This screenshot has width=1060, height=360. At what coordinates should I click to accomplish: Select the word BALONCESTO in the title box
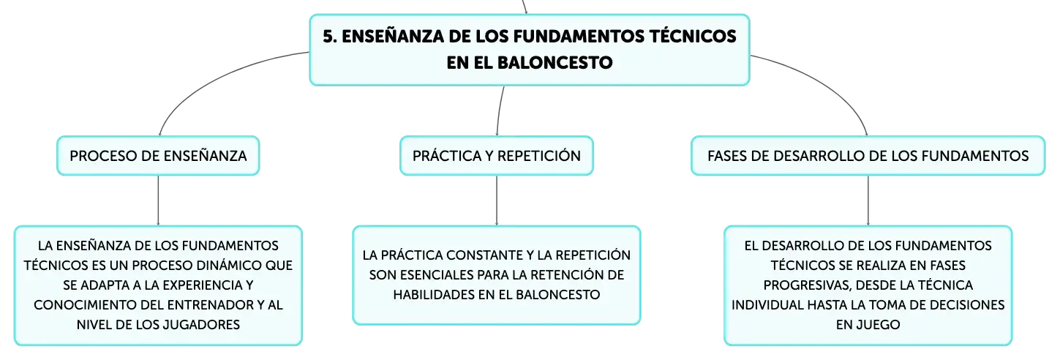point(555,62)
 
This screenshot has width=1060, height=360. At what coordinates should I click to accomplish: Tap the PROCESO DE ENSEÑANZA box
point(158,156)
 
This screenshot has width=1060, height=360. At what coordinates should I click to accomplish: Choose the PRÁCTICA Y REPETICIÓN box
point(497,156)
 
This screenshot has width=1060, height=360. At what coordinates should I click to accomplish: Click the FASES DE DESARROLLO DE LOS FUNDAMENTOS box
point(868,156)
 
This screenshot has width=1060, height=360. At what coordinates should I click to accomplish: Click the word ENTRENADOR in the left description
point(210,305)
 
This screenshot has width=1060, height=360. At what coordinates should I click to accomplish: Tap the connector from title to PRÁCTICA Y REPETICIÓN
point(499,111)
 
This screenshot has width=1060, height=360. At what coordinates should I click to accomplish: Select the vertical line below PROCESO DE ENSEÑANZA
point(158,200)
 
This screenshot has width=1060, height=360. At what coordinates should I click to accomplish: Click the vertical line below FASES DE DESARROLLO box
point(868,200)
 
